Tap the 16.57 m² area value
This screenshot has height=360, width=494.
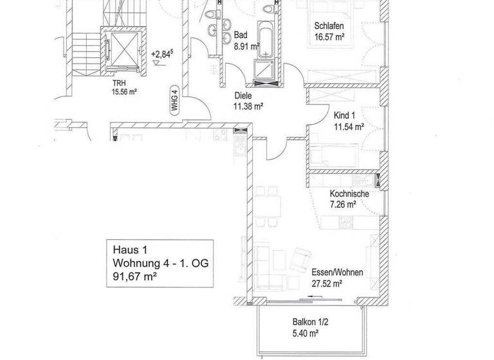point(330,37)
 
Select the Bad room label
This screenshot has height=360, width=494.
point(241,35)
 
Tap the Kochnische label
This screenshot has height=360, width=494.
point(349,194)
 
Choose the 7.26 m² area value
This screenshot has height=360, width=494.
point(343,205)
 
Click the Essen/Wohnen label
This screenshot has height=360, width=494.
point(337,272)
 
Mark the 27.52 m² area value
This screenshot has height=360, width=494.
point(327,283)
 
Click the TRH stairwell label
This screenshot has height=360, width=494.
point(120,83)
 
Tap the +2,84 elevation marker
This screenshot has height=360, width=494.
point(161,55)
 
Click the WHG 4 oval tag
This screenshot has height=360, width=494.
point(174,102)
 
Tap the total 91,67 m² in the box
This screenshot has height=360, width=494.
point(135,277)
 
